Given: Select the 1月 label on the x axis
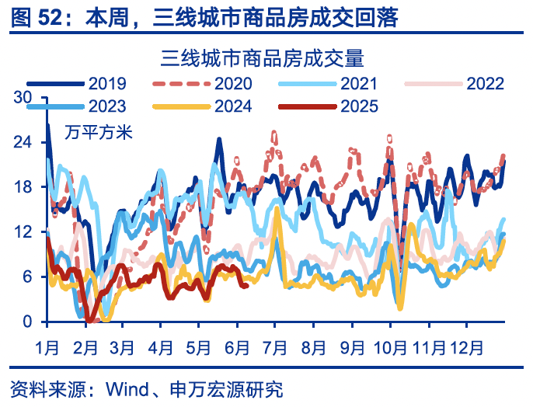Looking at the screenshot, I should [x=47, y=341].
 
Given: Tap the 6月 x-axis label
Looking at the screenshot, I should [x=236, y=341].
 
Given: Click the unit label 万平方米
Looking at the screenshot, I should [x=89, y=131].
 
